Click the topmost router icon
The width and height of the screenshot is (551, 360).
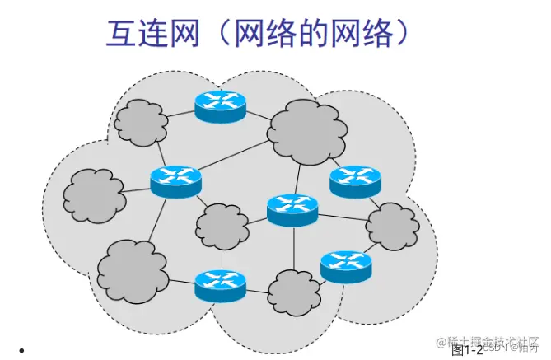[221, 105]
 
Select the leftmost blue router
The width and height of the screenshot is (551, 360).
[175, 180]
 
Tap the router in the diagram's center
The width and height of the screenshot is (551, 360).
[292, 209]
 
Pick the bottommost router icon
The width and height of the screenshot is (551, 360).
[221, 284]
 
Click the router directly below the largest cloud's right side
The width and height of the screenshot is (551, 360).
[355, 180]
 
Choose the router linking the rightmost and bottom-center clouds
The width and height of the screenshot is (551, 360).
[345, 264]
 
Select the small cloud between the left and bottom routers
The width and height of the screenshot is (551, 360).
[221, 224]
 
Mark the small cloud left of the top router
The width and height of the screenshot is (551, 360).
[141, 122]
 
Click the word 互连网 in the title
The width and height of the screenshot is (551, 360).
[152, 35]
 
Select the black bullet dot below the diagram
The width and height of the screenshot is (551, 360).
[31, 350]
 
